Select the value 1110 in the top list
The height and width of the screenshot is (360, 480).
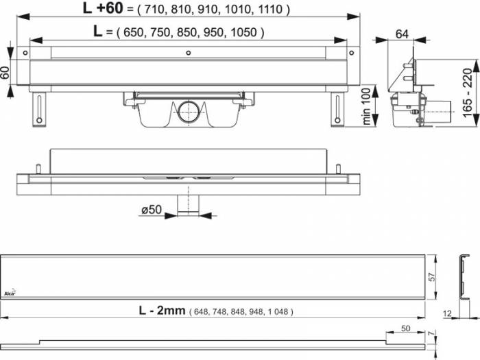[272, 10]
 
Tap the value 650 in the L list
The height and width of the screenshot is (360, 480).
[132, 32]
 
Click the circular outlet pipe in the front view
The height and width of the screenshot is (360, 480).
[187, 109]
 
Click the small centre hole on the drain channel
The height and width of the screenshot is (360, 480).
[187, 53]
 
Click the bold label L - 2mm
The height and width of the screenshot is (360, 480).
[161, 311]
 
